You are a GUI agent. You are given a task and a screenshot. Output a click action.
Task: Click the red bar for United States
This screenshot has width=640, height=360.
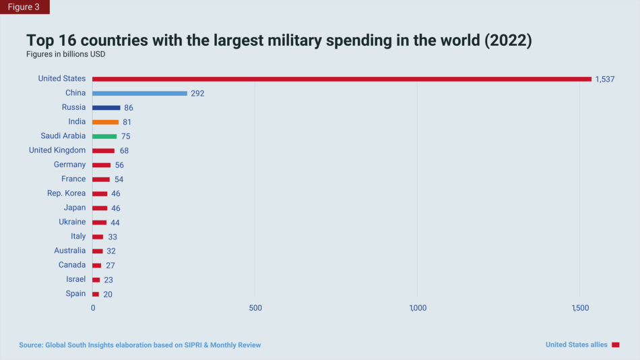click(x=342, y=79)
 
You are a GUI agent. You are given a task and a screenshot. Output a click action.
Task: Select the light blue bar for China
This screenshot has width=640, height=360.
click(x=139, y=93)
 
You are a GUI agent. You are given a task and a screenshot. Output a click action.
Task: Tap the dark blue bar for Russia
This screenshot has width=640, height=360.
click(x=106, y=107)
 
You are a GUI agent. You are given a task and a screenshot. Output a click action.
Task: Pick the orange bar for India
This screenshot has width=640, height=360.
click(x=105, y=122)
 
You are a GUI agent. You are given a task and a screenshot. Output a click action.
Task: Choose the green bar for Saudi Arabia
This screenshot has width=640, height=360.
click(x=104, y=136)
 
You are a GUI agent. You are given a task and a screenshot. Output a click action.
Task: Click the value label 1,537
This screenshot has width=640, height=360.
click(x=604, y=80)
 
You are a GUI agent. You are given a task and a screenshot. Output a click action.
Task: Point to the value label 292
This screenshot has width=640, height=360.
click(x=197, y=94)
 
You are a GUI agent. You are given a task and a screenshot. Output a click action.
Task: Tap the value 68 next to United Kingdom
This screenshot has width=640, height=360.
click(x=124, y=151)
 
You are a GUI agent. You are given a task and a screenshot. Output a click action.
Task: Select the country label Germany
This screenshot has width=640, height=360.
click(x=70, y=164)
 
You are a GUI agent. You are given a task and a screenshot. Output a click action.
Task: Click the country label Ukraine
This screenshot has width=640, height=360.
click(x=72, y=222)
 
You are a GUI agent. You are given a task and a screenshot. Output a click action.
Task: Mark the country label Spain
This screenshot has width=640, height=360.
click(x=75, y=293)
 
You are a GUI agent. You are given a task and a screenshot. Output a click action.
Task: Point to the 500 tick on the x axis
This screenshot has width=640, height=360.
click(x=255, y=308)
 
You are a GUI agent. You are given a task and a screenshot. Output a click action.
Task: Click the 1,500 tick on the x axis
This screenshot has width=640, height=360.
click(x=580, y=308)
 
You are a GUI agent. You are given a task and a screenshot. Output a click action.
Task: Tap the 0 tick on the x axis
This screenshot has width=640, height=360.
click(x=93, y=308)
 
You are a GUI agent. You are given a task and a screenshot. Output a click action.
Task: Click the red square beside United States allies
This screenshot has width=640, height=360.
click(x=615, y=344)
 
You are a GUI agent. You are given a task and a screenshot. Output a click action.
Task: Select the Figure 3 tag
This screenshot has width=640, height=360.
click(x=24, y=7)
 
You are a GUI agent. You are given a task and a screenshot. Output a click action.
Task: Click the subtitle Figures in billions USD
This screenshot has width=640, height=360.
click(x=66, y=54)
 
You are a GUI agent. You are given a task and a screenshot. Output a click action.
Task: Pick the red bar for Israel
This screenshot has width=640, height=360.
click(x=96, y=279)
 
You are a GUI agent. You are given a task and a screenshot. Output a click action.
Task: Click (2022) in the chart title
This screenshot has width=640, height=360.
click(x=508, y=40)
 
